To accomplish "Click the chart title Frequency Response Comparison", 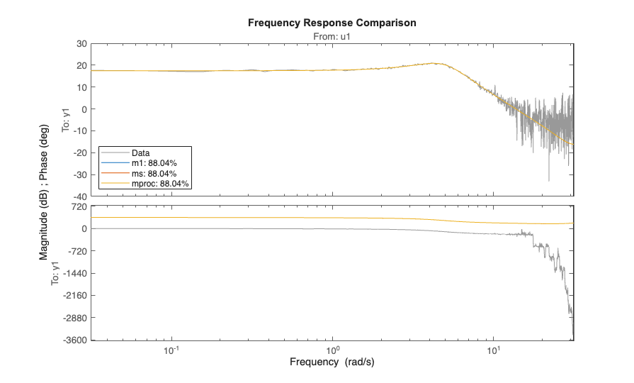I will click(x=332, y=23).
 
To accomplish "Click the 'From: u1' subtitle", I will click(x=332, y=35).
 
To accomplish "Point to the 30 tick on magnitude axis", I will click(x=81, y=44).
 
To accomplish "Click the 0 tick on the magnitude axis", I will click(x=84, y=109).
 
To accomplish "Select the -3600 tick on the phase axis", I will click(x=75, y=340).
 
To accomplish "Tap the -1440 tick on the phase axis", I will click(x=75, y=273).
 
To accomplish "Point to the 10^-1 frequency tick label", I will click(x=171, y=350).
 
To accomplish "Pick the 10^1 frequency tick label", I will click(x=494, y=350).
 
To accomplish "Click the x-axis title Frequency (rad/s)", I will click(x=332, y=362).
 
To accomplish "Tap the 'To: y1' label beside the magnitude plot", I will click(x=66, y=120).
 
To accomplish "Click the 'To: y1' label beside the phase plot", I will click(x=56, y=273).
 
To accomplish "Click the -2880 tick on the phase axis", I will click(x=75, y=318).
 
